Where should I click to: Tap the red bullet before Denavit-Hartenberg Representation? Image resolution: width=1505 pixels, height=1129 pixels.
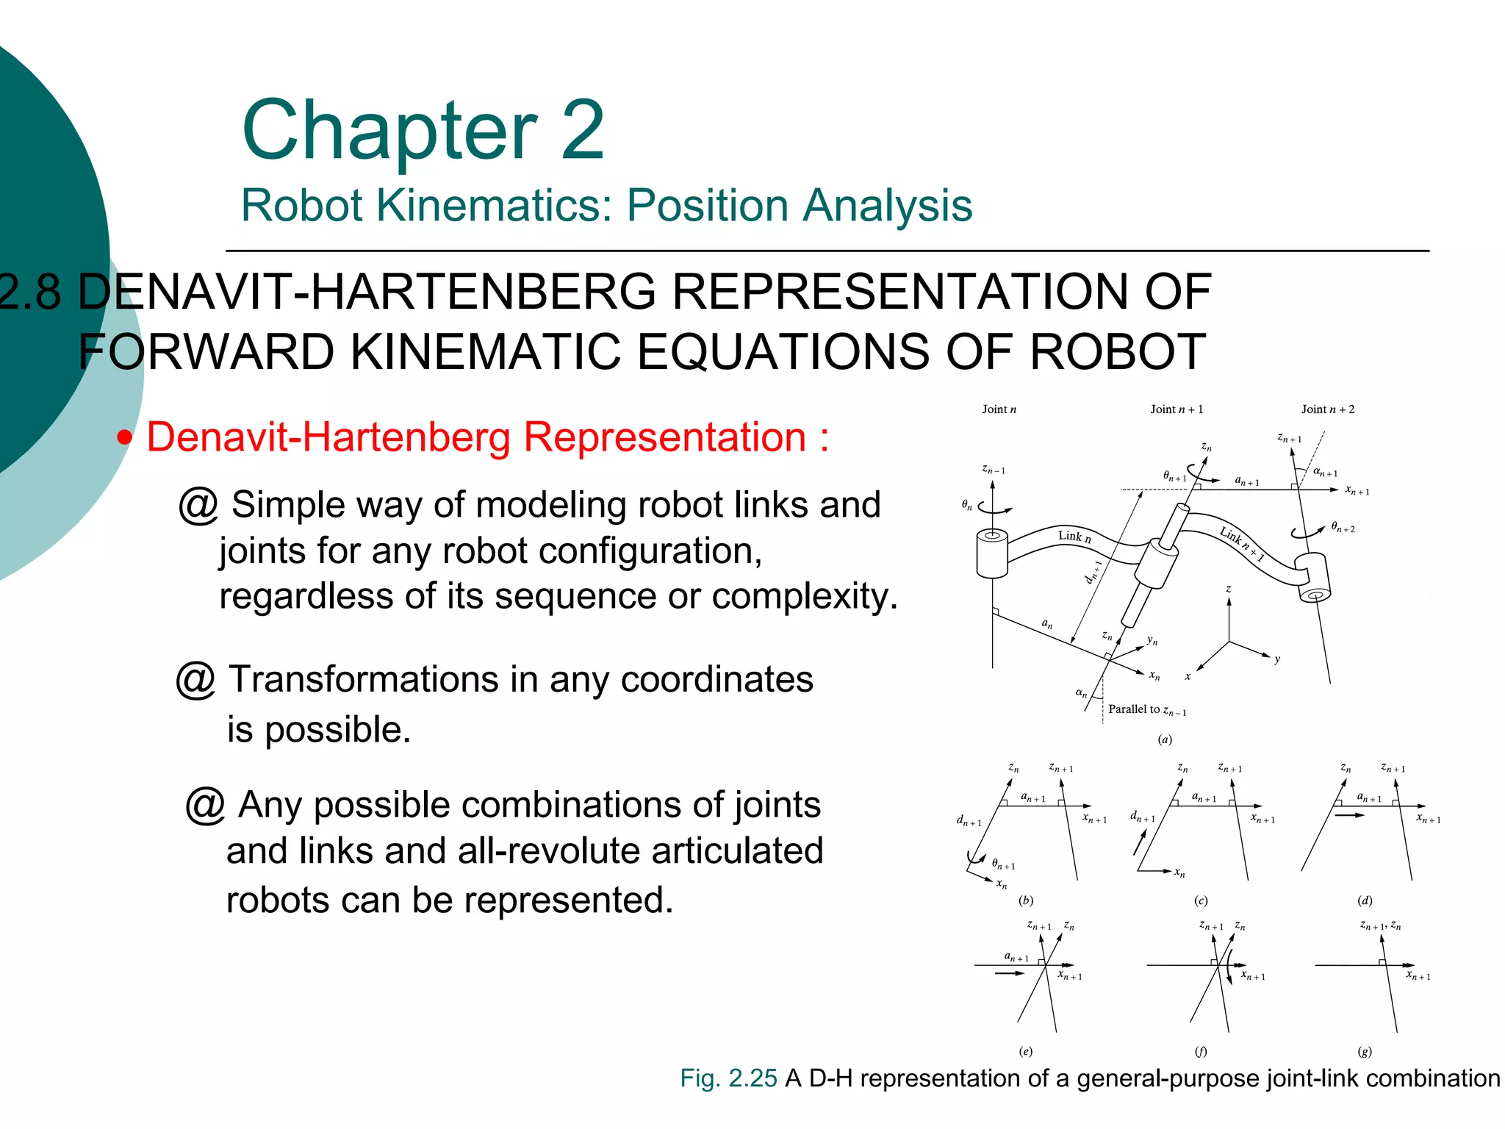pyautogui.click(x=126, y=439)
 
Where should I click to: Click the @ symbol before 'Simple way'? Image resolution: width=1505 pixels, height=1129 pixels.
pyautogui.click(x=198, y=506)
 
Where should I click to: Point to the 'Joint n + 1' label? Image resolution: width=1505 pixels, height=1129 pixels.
pyautogui.click(x=1177, y=409)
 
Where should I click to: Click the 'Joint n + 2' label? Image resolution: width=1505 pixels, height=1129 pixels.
pyautogui.click(x=1327, y=409)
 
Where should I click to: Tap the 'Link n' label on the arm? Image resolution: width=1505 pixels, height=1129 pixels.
pyautogui.click(x=1074, y=537)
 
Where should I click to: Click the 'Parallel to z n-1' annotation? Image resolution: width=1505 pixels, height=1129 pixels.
pyautogui.click(x=1146, y=710)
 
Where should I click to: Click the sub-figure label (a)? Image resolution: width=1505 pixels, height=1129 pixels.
pyautogui.click(x=1165, y=739)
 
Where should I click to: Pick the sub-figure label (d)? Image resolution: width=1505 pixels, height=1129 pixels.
pyautogui.click(x=1365, y=900)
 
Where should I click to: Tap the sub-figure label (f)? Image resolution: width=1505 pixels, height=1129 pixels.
pyautogui.click(x=1200, y=1052)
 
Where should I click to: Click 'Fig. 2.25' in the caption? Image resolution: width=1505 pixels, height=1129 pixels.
pyautogui.click(x=728, y=1078)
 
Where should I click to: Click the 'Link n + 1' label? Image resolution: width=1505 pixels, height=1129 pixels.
pyautogui.click(x=1242, y=544)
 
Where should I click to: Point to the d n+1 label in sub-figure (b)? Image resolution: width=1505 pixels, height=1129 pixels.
pyautogui.click(x=969, y=821)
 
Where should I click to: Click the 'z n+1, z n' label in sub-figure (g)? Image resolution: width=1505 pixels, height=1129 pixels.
pyautogui.click(x=1380, y=926)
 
